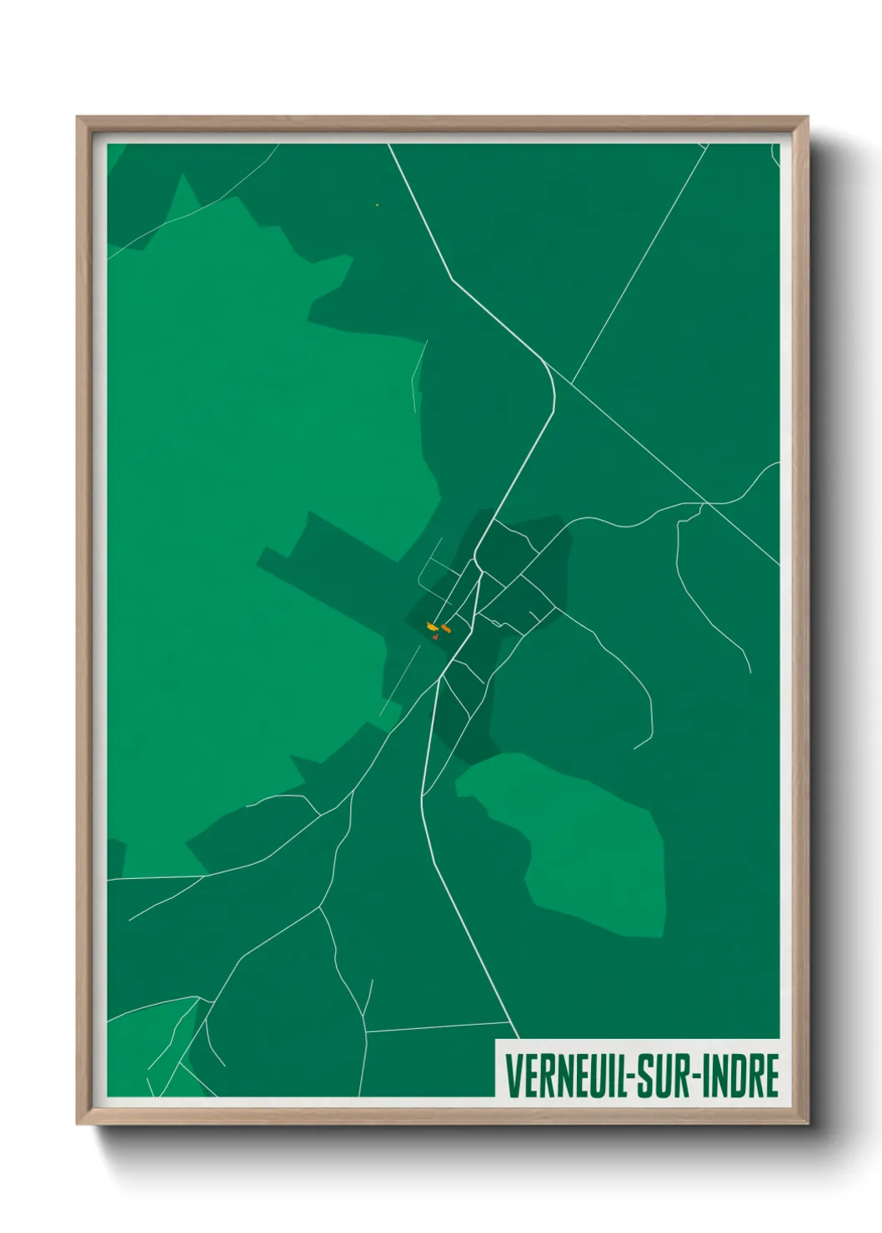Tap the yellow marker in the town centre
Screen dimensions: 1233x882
point(431,626)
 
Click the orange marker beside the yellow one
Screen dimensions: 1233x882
point(446,628)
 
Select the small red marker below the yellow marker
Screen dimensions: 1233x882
point(435,636)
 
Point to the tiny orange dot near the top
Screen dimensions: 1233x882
point(378,204)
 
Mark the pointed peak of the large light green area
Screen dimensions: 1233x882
point(182,176)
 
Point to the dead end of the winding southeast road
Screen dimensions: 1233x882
point(634,747)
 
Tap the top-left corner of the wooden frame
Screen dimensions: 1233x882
point(78,117)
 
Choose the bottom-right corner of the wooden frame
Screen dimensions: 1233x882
point(808,1125)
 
